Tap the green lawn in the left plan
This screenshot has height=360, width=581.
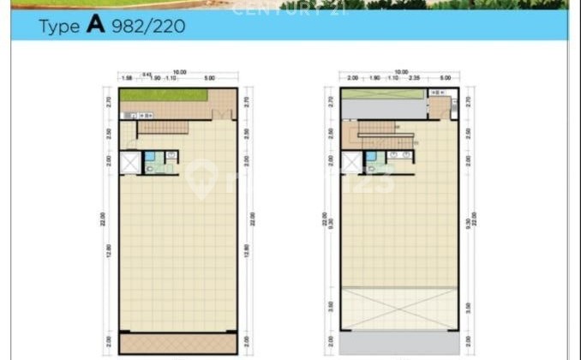(164, 94)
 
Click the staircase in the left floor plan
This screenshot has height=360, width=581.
(162, 128)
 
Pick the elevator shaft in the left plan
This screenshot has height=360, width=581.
(129, 162)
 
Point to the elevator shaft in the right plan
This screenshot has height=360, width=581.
(351, 162)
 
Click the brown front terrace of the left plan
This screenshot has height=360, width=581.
(178, 343)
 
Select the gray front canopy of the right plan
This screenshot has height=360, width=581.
(400, 343)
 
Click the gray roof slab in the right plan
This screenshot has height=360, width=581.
(383, 108)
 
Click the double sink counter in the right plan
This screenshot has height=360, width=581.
(400, 156)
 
